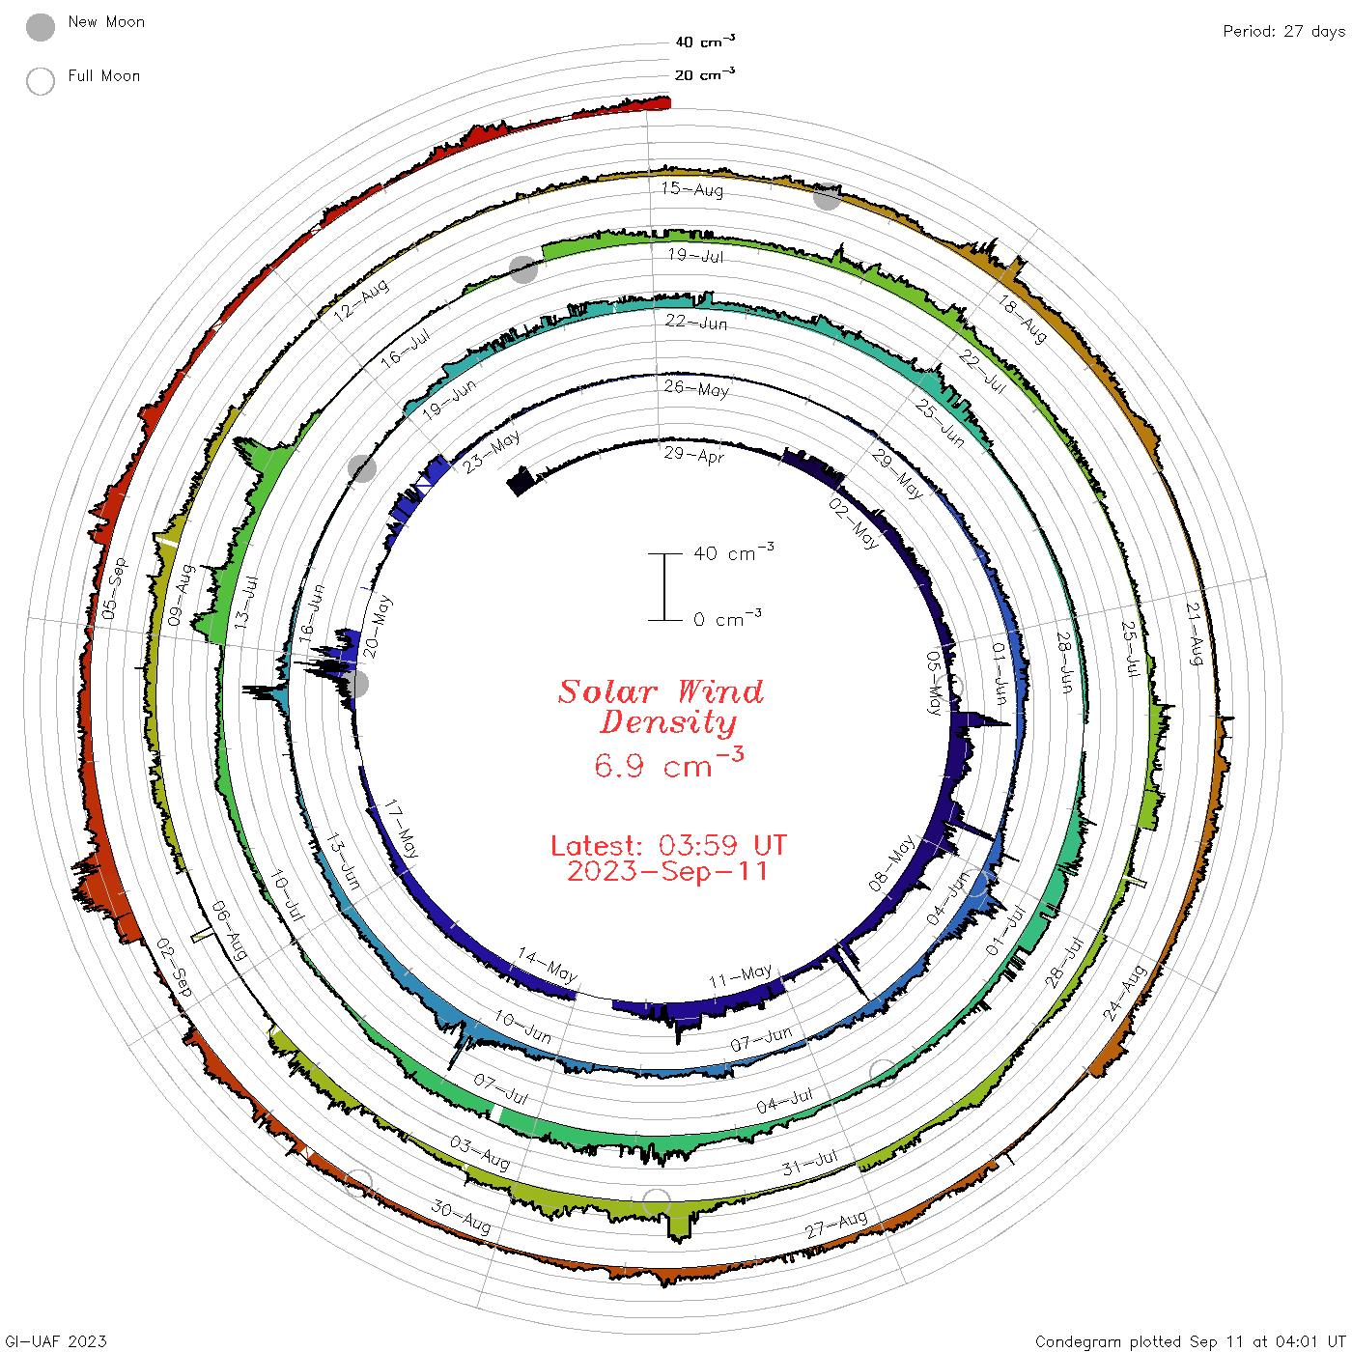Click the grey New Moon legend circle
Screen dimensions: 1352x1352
tap(40, 27)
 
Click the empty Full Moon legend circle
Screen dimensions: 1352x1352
tap(40, 81)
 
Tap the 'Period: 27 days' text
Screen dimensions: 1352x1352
tap(1284, 32)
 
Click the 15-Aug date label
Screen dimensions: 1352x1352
tap(691, 188)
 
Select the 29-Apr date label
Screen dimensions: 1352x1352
tap(694, 455)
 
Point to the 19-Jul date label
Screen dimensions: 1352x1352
tap(695, 255)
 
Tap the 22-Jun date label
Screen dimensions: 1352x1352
tap(696, 322)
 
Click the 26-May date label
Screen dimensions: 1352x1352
tap(696, 388)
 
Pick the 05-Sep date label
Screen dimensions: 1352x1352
tap(114, 588)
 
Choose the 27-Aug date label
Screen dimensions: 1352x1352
tap(835, 1225)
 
